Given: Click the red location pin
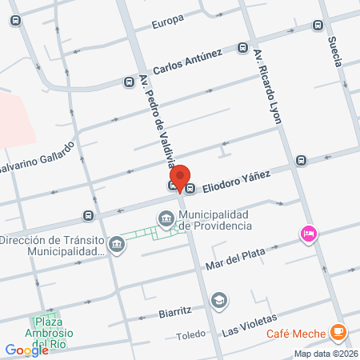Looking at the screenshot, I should [181, 178].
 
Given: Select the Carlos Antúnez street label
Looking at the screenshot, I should [187, 59].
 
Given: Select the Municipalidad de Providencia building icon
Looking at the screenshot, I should [166, 218].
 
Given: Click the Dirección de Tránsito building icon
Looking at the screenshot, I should [116, 243].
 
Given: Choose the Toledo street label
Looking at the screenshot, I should [190, 335].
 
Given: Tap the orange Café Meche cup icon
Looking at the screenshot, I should [339, 330].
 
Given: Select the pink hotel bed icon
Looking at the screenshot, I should [308, 234].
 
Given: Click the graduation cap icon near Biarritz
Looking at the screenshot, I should [218, 299].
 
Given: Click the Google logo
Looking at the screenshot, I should [26, 350].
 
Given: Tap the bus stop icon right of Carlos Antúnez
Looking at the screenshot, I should [242, 48].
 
